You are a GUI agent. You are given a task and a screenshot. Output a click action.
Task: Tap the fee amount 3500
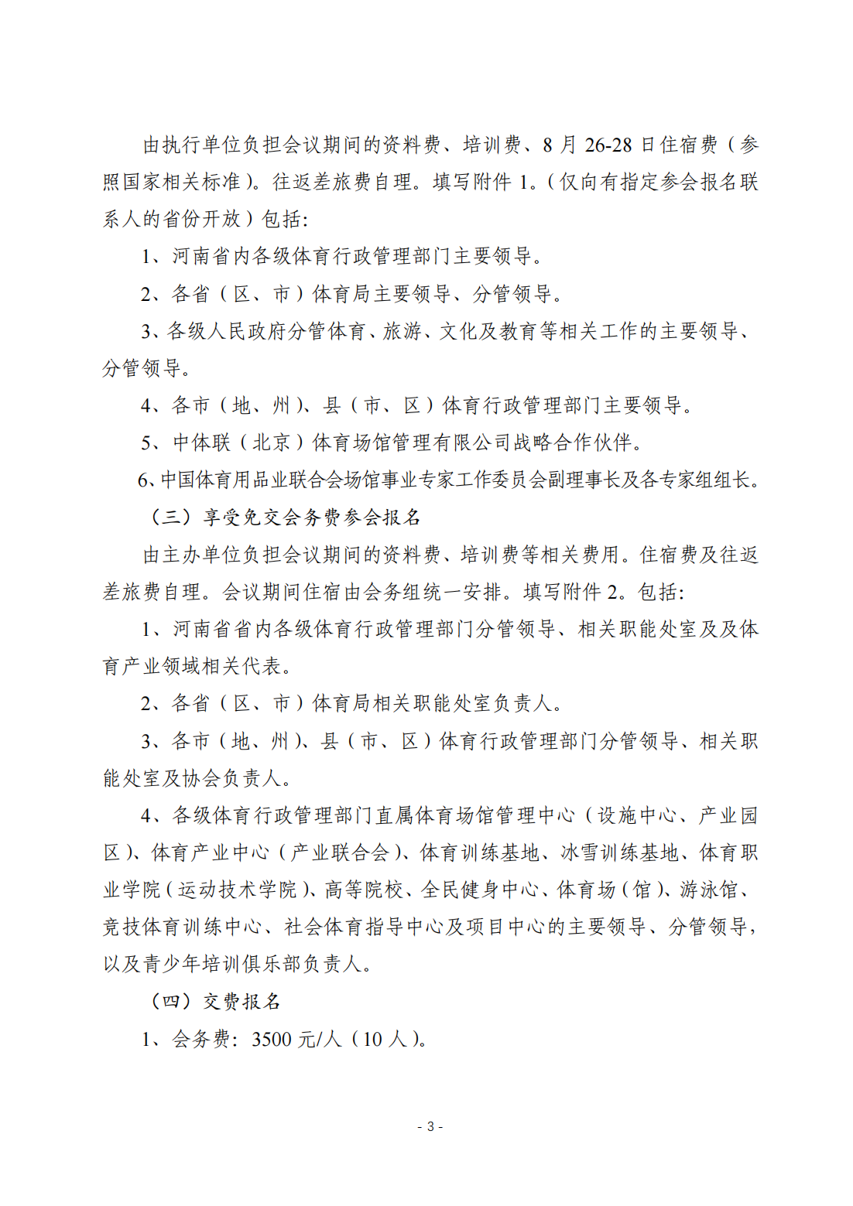272,1039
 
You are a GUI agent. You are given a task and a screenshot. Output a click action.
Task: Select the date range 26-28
608,145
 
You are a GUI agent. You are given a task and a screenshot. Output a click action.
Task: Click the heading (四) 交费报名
215,1001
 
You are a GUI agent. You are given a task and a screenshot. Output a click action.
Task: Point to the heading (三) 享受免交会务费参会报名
284,517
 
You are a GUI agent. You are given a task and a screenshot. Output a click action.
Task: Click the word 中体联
202,442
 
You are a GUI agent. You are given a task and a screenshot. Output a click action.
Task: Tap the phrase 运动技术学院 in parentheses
238,890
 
